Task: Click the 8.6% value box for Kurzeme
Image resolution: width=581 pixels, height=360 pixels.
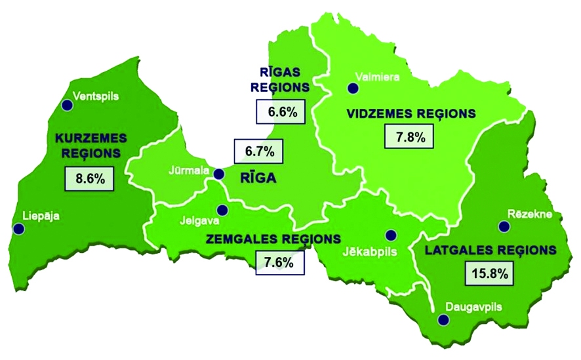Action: point(86,178)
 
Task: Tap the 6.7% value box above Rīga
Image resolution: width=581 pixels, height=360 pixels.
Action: point(259,151)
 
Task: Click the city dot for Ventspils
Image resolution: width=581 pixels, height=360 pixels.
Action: point(66,105)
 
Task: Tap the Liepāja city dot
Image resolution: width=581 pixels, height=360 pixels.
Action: point(18,229)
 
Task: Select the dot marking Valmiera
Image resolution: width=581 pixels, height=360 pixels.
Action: point(353,89)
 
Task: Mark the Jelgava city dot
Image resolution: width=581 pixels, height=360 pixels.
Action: point(222,210)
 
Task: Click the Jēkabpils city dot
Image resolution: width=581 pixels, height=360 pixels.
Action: point(391,235)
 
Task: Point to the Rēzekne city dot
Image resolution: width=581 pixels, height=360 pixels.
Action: point(504,226)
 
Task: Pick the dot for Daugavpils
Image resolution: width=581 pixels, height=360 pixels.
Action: point(444,319)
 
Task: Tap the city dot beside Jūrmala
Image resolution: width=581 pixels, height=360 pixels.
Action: point(219,174)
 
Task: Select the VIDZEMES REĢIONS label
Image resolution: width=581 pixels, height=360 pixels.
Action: point(411,114)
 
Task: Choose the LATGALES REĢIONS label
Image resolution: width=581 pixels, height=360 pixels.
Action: point(491,250)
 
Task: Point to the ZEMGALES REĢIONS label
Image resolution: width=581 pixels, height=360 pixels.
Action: point(273,239)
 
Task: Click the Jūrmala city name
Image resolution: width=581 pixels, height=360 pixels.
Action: point(189,172)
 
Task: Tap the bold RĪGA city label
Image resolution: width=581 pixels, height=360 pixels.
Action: point(259,178)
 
